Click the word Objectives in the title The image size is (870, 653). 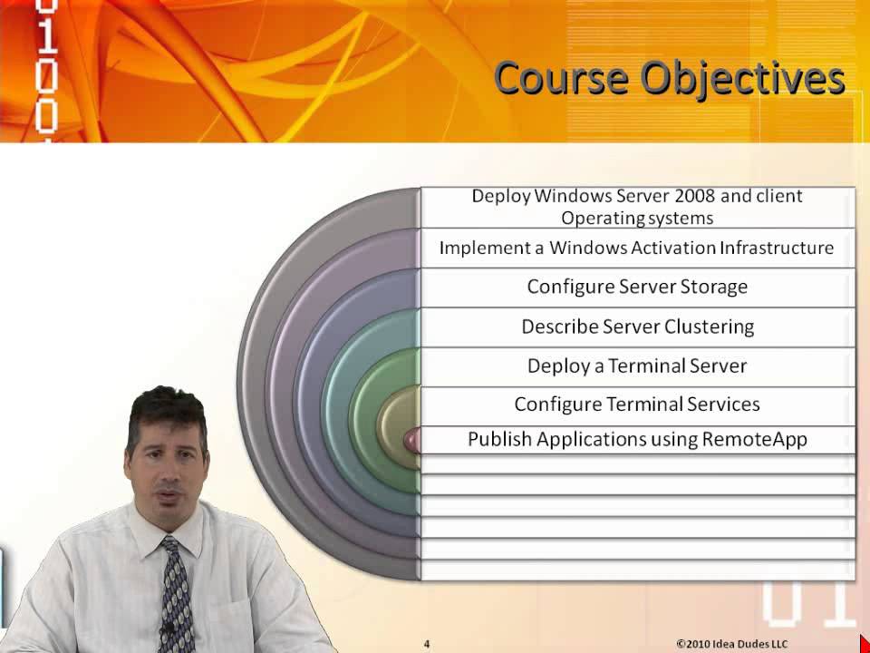point(742,80)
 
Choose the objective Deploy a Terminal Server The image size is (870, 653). point(636,365)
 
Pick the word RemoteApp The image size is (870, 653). point(754,440)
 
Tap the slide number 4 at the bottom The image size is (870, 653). point(427,644)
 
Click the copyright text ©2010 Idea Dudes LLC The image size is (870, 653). point(732,644)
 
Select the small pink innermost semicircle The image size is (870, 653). point(413,440)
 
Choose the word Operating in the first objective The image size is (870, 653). point(597,219)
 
